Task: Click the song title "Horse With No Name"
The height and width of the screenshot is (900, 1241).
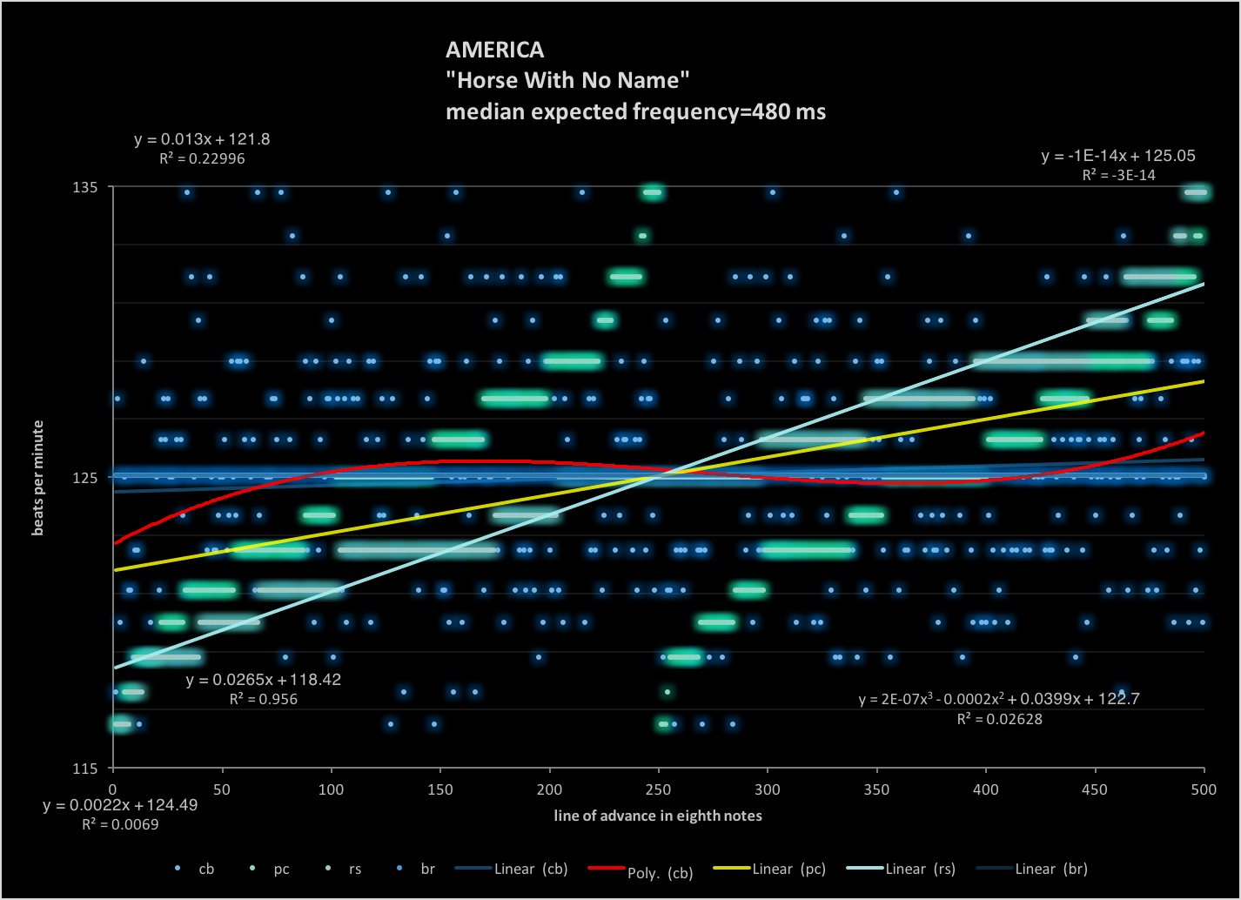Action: coord(567,81)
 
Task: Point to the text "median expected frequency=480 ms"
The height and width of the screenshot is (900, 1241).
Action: coord(635,111)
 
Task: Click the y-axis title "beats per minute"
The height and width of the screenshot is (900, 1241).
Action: coord(38,478)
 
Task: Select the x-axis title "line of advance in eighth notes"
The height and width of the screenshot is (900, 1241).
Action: coord(658,816)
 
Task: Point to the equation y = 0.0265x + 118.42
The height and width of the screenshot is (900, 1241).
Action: coord(263,680)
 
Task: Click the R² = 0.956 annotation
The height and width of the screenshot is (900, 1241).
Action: coord(263,698)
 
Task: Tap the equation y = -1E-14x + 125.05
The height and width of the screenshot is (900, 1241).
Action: coord(1117,157)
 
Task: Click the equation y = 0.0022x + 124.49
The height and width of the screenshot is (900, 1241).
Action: coord(120,806)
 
